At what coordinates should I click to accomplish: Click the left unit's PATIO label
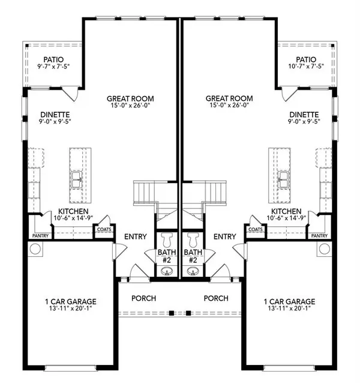[53, 60]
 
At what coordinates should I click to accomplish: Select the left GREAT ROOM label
[131, 98]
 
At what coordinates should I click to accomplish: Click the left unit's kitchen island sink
[77, 178]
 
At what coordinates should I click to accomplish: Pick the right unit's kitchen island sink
[283, 178]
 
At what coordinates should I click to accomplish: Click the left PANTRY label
[41, 236]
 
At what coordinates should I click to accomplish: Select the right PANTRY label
[320, 236]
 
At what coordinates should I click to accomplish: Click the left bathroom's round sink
[167, 271]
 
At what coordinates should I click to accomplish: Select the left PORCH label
[144, 298]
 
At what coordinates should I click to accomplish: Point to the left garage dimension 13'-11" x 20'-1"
[71, 310]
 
